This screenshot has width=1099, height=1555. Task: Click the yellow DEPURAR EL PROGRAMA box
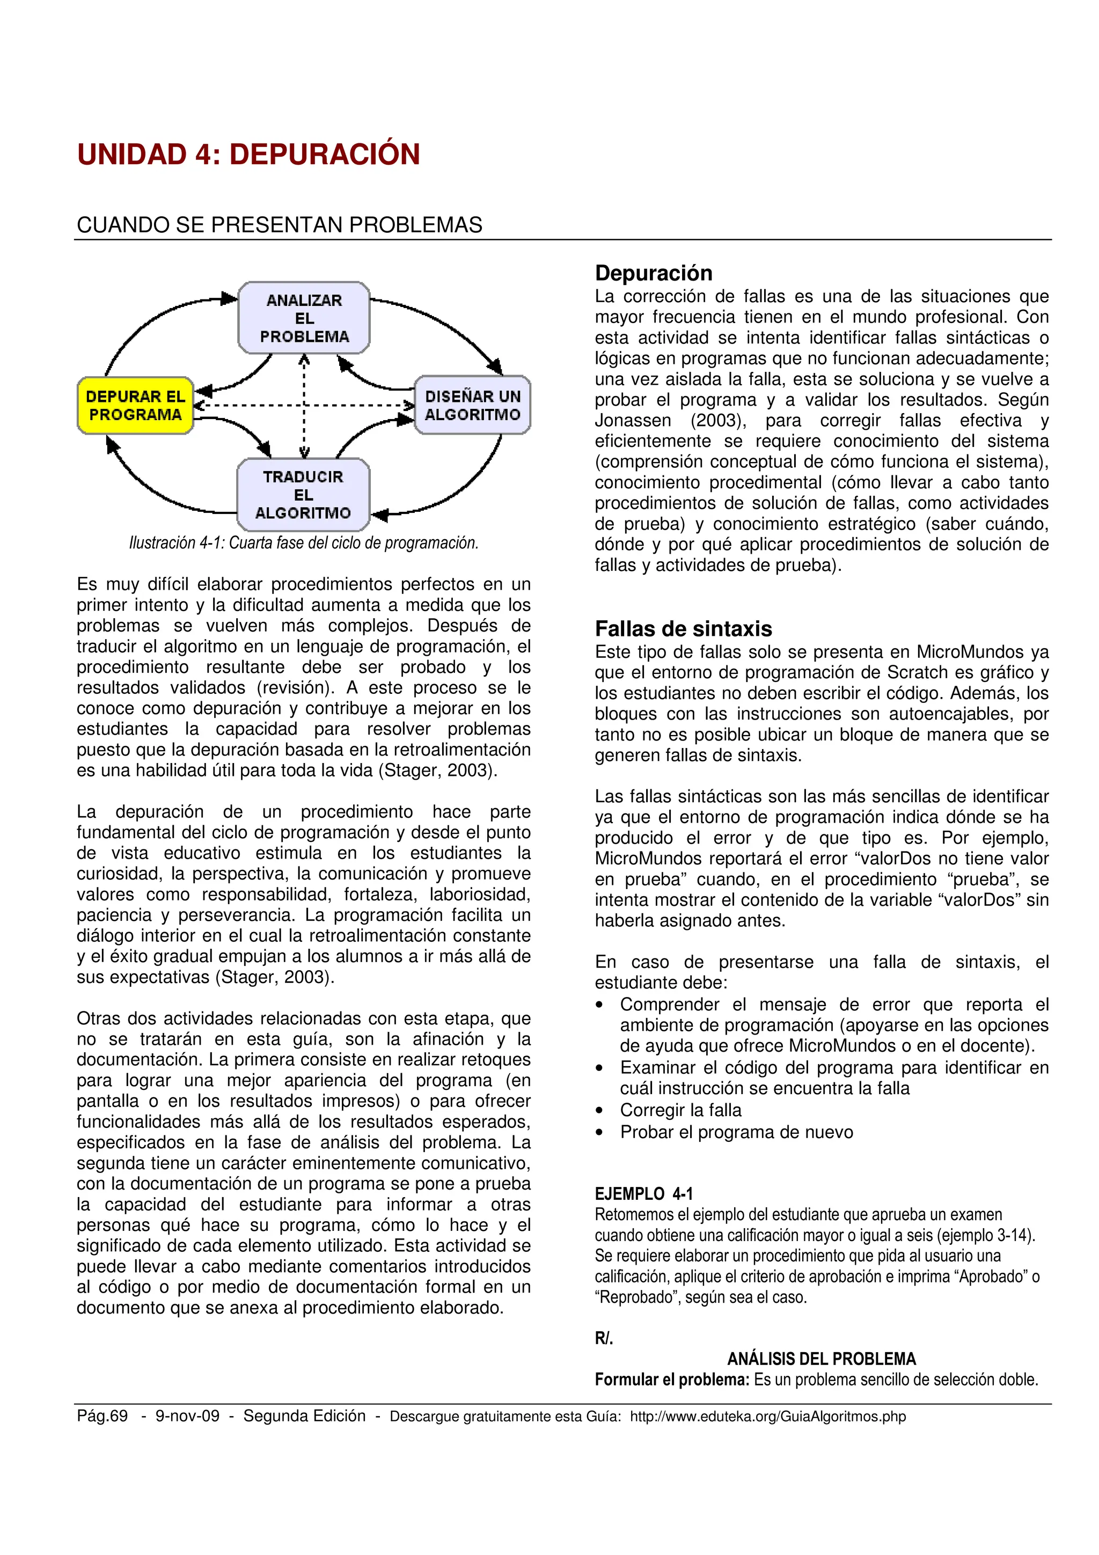click(135, 406)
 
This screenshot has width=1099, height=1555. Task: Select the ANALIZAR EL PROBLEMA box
click(304, 318)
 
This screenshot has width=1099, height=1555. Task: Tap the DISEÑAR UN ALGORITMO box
click(472, 406)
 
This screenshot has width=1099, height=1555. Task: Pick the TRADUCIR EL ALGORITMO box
click(303, 494)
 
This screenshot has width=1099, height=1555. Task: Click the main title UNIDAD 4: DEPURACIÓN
click(248, 155)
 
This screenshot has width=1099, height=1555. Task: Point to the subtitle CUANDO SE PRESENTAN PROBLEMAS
click(279, 225)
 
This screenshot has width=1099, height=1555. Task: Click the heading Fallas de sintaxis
click(683, 628)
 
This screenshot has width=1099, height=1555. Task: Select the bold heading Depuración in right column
click(654, 273)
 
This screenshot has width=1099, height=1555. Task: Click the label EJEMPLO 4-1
click(643, 1194)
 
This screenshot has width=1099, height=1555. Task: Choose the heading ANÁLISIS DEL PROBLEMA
click(822, 1359)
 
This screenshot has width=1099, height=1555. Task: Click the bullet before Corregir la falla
click(599, 1111)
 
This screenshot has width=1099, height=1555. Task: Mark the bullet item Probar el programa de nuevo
click(736, 1132)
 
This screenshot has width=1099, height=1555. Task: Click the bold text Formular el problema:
click(672, 1380)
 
